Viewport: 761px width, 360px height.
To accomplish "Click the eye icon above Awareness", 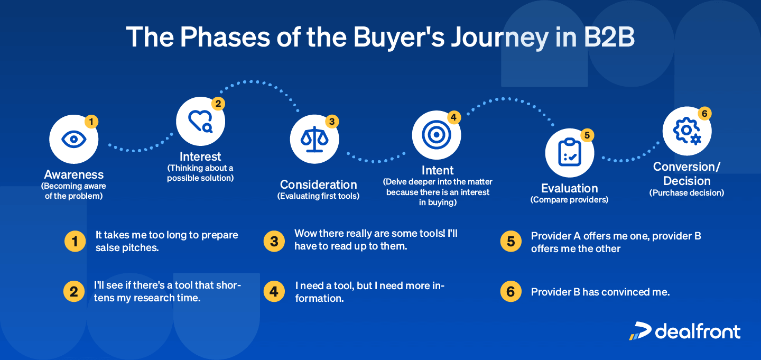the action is (73, 140).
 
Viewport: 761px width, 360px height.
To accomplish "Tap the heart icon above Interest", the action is (200, 121).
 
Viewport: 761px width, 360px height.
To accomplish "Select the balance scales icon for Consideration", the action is (314, 139).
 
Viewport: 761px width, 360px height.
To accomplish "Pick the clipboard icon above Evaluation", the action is (569, 152).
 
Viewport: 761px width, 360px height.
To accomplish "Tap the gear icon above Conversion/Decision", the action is (686, 131).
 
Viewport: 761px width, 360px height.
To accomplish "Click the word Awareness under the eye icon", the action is (74, 174).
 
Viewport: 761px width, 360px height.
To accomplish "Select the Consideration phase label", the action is (319, 184).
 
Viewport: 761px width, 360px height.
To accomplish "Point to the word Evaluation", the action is (569, 188).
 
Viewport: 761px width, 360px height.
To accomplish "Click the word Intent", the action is (438, 170).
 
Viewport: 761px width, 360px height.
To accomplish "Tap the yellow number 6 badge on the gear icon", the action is (704, 114).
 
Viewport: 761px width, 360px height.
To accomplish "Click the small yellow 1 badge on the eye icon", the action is (91, 122).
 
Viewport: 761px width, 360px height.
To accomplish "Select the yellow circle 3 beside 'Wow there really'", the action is (274, 241).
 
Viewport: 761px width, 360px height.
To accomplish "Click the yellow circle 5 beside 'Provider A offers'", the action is (511, 241).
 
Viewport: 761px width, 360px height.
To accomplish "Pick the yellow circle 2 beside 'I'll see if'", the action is (74, 291).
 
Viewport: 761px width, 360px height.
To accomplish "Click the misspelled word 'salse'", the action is (108, 247).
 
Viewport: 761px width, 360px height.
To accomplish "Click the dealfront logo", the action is (685, 331).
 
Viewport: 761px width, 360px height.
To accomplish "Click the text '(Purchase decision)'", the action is (686, 193).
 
